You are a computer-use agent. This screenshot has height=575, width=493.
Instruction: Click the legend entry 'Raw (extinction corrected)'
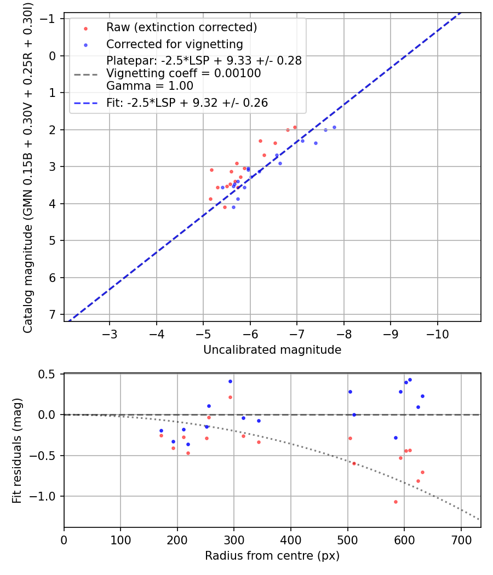coord(181,27)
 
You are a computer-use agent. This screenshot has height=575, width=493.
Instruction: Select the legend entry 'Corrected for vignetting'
coord(174,44)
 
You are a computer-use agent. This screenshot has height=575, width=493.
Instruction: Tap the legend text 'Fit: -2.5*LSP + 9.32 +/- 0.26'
coord(187,102)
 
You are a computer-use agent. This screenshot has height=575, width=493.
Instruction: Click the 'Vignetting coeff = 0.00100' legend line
coord(184,73)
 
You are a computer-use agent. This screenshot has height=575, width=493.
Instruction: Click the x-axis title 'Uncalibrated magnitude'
coord(272,349)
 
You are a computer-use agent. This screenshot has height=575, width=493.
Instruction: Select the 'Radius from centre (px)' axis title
coord(272,556)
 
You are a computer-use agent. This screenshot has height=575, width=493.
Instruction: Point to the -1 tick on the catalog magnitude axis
coord(49,19)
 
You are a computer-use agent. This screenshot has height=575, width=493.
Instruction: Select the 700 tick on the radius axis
coord(461,539)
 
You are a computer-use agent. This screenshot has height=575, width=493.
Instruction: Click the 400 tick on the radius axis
coord(291,539)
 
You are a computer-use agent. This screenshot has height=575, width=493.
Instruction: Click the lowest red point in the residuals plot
coord(395,502)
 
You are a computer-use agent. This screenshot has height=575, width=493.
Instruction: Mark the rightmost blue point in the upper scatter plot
coord(334,127)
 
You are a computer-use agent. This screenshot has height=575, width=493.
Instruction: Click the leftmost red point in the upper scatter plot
coord(210,199)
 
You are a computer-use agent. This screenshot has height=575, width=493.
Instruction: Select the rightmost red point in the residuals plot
coord(422,472)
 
